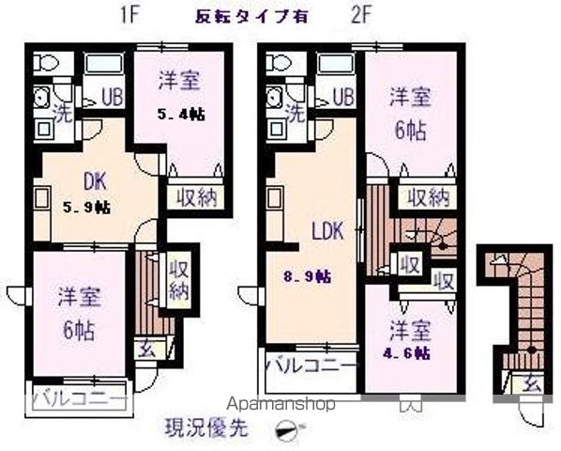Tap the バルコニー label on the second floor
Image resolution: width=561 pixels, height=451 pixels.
pyautogui.click(x=311, y=365)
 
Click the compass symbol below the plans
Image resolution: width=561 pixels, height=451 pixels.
pyautogui.click(x=288, y=430)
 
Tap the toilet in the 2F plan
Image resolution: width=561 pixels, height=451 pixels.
pyautogui.click(x=278, y=64)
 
